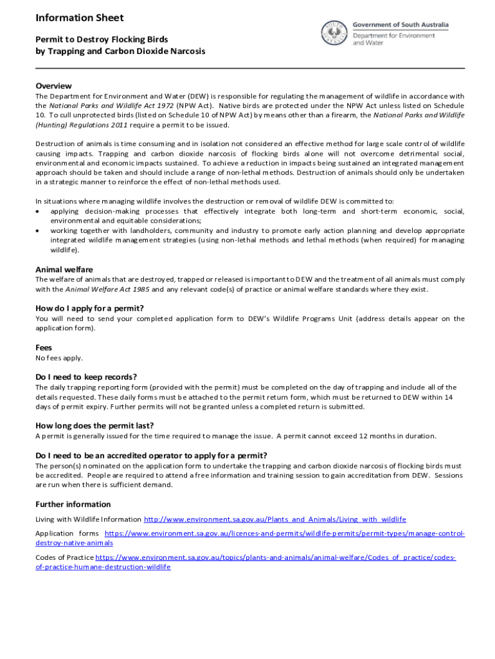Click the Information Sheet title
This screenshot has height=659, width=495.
80,18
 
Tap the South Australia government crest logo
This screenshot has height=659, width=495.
335,32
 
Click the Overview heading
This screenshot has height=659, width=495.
53,86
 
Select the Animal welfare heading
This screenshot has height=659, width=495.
64,269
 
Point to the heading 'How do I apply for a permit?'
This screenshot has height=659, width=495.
89,308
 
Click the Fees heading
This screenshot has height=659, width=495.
44,347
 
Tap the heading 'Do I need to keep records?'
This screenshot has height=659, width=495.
86,376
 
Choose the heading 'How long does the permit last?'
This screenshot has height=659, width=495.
94,425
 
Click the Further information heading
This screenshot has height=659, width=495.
73,504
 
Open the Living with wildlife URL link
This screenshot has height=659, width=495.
274,519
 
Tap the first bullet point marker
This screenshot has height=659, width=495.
39,212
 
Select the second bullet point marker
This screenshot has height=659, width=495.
39,230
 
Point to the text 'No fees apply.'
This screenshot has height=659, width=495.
59,358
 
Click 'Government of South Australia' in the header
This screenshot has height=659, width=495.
401,25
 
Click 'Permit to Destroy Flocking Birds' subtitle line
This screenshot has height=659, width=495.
102,39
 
